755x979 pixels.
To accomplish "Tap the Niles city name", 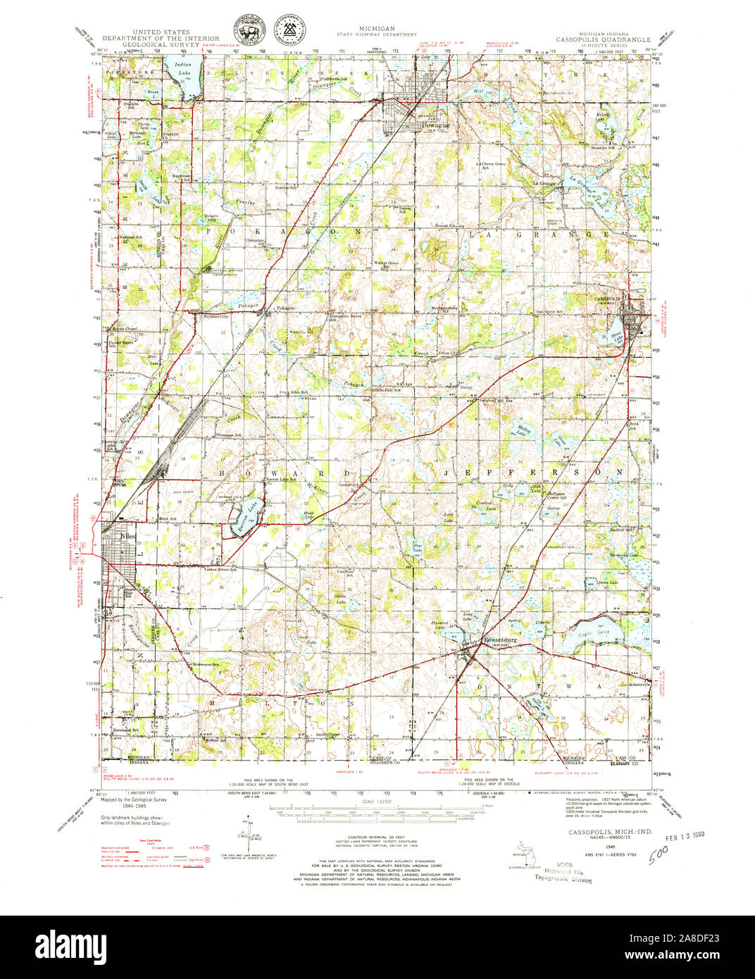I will (x=127, y=535).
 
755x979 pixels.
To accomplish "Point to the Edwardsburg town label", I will (x=501, y=640).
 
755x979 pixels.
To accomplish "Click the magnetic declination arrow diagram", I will (x=249, y=831).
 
